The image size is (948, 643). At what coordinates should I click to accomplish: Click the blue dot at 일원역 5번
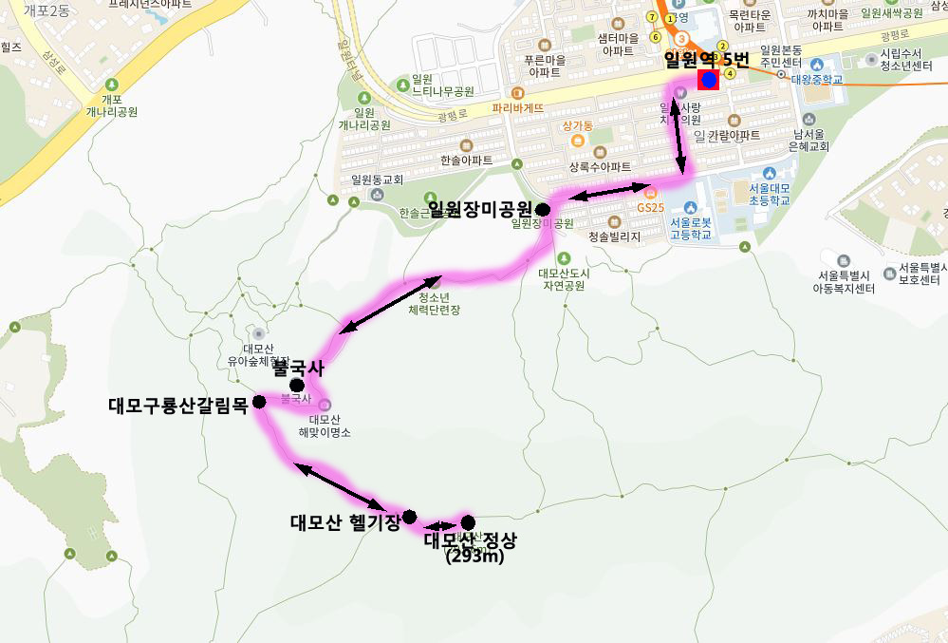(708, 80)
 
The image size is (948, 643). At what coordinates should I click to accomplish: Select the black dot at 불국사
(297, 385)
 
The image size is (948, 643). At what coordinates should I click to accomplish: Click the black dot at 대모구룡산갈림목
(259, 402)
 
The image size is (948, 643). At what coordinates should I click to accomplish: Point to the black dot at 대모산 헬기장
(409, 517)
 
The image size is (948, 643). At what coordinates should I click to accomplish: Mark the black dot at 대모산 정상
(468, 521)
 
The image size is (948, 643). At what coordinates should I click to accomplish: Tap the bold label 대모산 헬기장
(344, 521)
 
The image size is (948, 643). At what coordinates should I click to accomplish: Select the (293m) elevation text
(474, 557)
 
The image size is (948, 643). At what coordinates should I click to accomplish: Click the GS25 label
(651, 207)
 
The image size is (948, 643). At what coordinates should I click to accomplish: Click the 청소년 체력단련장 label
(434, 303)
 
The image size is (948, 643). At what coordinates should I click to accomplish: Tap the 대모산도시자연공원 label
(564, 278)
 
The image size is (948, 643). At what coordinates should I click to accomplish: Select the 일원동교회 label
(377, 179)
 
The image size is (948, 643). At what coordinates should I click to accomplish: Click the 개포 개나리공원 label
(112, 105)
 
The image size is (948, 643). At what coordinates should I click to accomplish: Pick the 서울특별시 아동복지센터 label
(845, 281)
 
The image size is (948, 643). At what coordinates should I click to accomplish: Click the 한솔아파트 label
(467, 161)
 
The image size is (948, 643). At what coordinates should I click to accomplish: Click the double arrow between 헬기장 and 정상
(439, 525)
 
